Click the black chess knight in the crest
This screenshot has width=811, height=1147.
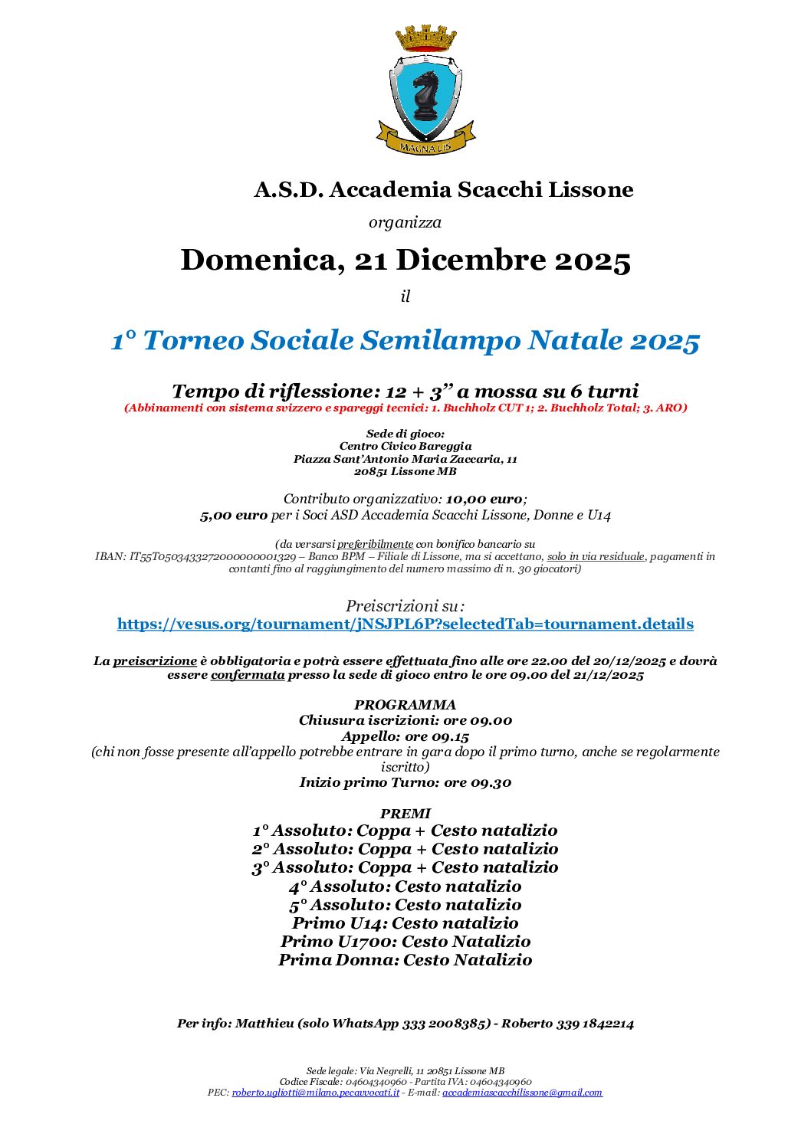(425, 95)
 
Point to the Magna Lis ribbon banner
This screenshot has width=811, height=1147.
(425, 144)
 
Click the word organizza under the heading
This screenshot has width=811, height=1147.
(405, 222)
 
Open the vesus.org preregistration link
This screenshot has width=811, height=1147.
(405, 624)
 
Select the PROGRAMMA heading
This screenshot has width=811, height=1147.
(405, 705)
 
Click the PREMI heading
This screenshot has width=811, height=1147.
(405, 814)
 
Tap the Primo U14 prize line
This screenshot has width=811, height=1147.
(405, 923)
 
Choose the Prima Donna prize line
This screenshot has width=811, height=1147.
(405, 960)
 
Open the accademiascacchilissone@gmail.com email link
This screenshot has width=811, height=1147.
(522, 1093)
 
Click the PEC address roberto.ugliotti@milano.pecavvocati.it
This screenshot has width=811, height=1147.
(316, 1093)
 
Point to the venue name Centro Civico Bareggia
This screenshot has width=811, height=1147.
(405, 446)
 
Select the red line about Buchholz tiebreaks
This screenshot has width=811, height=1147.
(405, 408)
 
